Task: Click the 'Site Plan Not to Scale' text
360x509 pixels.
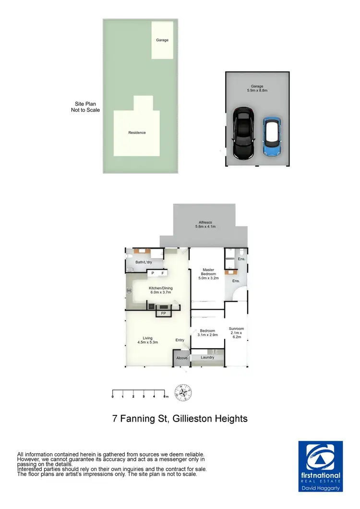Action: (x=85, y=107)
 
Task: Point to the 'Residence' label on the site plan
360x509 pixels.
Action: (x=137, y=133)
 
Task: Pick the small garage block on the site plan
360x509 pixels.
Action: (x=162, y=40)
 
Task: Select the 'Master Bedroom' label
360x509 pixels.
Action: (x=208, y=273)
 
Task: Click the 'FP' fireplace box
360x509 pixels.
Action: (x=164, y=314)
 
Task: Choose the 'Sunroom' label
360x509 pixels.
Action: (x=237, y=333)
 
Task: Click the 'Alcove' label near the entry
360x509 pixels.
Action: (x=182, y=358)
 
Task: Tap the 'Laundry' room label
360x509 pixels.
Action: (x=207, y=357)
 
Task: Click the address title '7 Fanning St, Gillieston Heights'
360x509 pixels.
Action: (x=180, y=418)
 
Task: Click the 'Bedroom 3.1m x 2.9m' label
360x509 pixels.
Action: (x=208, y=333)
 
